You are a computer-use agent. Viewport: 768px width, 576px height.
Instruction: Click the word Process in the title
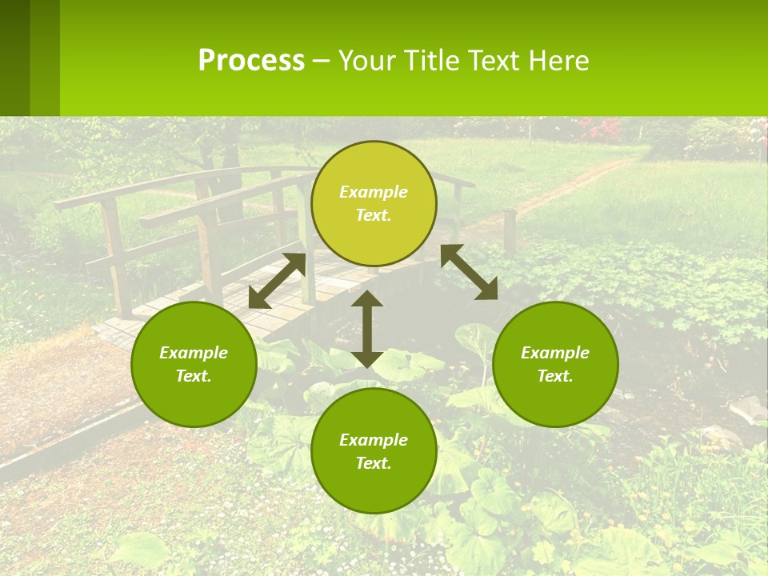pyautogui.click(x=251, y=61)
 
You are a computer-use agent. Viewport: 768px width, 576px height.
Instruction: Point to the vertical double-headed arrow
pyautogui.click(x=366, y=329)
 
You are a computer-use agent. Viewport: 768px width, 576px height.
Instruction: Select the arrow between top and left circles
pyautogui.click(x=277, y=281)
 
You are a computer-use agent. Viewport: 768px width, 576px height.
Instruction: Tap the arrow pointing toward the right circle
pyautogui.click(x=470, y=272)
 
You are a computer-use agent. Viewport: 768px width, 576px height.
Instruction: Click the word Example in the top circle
pyautogui.click(x=374, y=192)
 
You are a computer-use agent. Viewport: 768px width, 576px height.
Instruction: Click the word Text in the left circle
pyautogui.click(x=194, y=376)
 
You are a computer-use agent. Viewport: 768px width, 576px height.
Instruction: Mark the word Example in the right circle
pyautogui.click(x=555, y=353)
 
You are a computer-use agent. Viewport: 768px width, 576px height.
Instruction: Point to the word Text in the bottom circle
pyautogui.click(x=374, y=463)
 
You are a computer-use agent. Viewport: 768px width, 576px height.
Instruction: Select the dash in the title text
pyautogui.click(x=321, y=61)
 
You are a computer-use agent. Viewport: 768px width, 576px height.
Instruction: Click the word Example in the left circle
pyautogui.click(x=194, y=353)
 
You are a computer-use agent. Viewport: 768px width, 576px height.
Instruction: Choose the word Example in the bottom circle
pyautogui.click(x=374, y=440)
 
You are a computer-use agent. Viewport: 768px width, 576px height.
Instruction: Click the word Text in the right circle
pyautogui.click(x=555, y=376)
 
